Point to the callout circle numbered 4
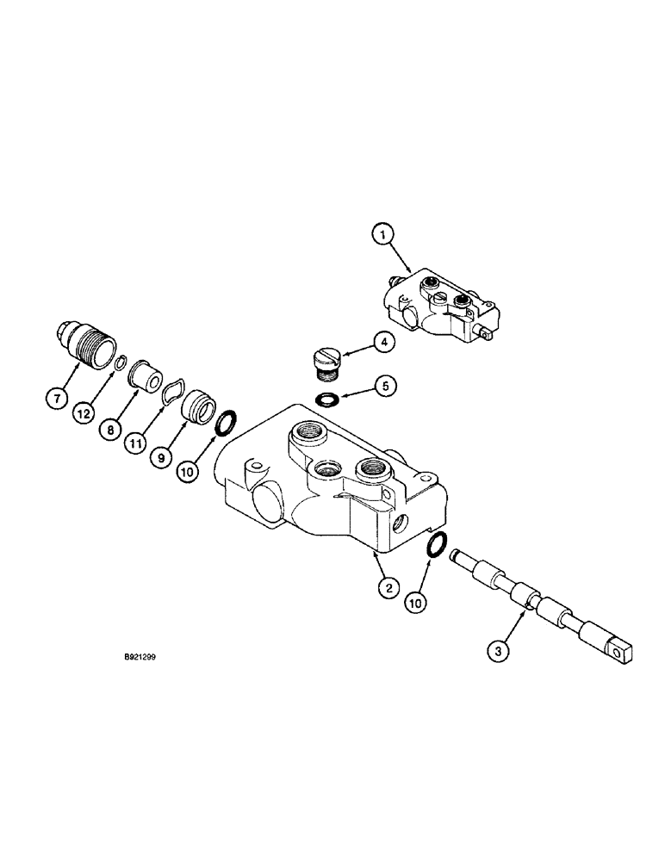click(x=385, y=343)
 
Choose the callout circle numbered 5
click(x=385, y=386)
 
